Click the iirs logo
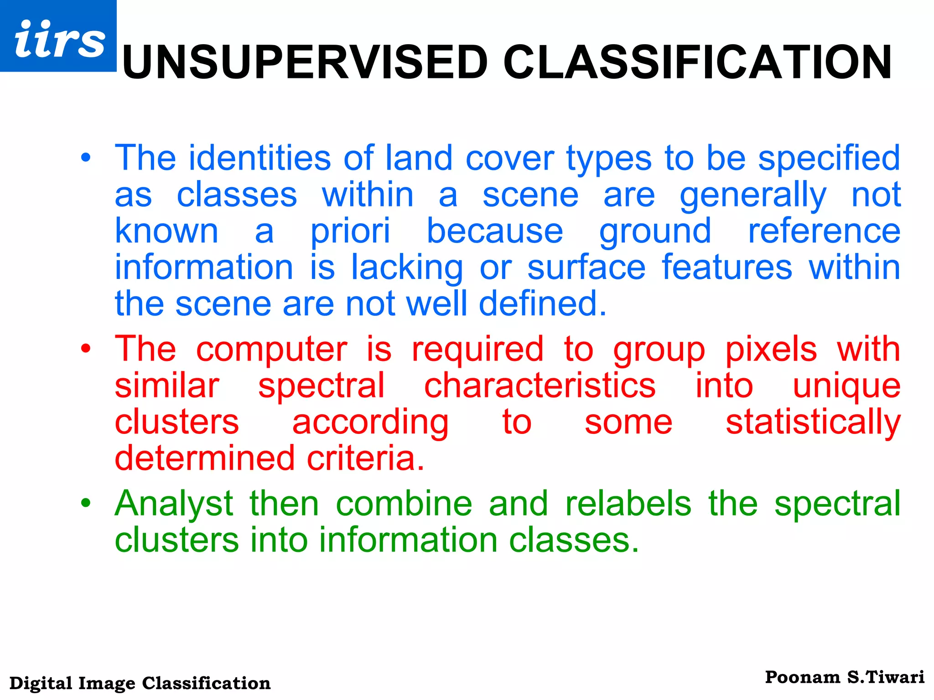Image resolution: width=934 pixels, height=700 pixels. coord(58,36)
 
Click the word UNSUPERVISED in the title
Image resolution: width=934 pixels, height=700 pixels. coord(305,63)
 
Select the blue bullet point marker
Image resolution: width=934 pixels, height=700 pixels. coord(86,158)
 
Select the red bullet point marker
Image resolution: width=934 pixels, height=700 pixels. coord(86,349)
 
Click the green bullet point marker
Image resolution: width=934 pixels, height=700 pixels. coord(86,504)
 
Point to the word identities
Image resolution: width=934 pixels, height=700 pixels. coord(259,158)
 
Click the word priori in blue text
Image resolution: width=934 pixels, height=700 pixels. coord(350,232)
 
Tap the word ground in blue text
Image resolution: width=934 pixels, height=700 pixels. coord(655,232)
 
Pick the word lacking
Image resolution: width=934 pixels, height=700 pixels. coord(407,268)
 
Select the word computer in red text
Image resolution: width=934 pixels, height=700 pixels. coord(271,350)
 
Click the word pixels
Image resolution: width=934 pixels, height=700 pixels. coord(771,350)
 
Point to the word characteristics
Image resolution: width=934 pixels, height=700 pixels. coord(540,386)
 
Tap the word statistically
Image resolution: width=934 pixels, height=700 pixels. coord(813,422)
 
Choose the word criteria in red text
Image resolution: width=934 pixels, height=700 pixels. coord(365,458)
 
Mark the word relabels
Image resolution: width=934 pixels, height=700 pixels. coord(628,504)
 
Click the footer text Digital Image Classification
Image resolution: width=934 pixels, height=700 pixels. coord(140,683)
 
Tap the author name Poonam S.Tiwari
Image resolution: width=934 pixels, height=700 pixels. coord(844,678)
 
